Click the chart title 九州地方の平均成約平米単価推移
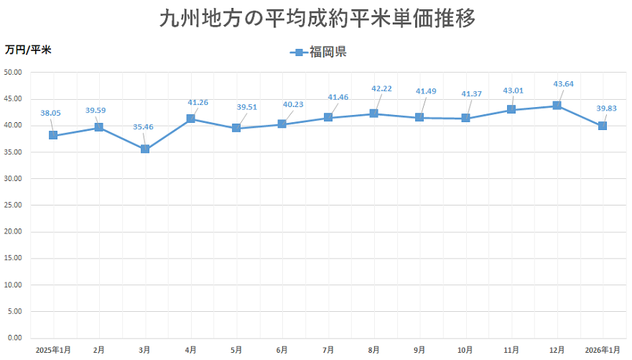click(x=317, y=19)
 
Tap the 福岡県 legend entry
click(x=319, y=52)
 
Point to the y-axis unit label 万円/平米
click(x=28, y=50)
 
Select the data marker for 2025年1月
click(x=53, y=135)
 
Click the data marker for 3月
click(x=145, y=149)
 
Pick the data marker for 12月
click(x=557, y=106)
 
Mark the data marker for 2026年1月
click(x=603, y=126)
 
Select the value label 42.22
click(x=381, y=88)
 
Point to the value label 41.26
click(x=197, y=103)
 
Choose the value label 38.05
click(x=50, y=113)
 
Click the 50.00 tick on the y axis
click(x=14, y=72)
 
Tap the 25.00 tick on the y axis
click(x=14, y=205)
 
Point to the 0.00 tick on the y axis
click(x=16, y=338)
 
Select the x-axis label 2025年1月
click(x=53, y=350)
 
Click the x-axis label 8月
click(x=373, y=350)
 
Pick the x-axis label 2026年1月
click(x=603, y=350)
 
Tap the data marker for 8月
click(x=373, y=114)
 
